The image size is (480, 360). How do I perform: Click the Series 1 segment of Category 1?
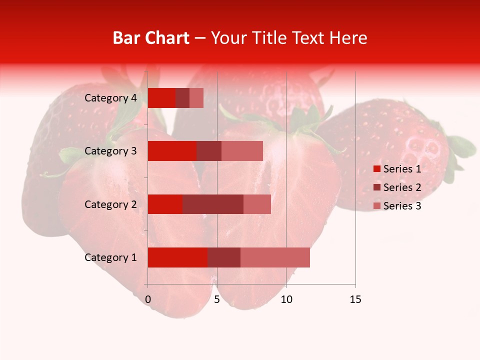point(177,257)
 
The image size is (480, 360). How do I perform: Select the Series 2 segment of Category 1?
point(224,257)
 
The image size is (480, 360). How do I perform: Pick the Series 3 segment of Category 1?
point(275,257)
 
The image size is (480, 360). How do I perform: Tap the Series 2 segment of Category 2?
point(213,204)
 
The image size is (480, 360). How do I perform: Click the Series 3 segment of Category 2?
point(257,204)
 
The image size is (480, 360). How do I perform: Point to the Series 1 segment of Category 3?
point(172,151)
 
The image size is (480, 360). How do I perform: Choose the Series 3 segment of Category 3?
point(242,151)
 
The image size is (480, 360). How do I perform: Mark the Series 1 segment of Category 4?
point(161,98)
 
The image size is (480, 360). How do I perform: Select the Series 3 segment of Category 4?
point(196,98)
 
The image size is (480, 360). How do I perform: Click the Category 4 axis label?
point(110,98)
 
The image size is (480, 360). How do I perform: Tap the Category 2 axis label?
point(110,204)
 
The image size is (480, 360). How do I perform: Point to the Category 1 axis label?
point(110,257)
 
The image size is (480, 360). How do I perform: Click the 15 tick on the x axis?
point(355,299)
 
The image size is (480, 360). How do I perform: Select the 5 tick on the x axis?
point(217,299)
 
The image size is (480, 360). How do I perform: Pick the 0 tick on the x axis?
point(148,299)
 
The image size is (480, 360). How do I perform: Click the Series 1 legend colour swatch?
point(376,169)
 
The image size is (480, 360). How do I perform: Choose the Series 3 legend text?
point(402,206)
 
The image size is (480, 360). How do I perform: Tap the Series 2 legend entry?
point(397,187)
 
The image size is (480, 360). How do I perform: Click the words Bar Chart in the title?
point(151,38)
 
